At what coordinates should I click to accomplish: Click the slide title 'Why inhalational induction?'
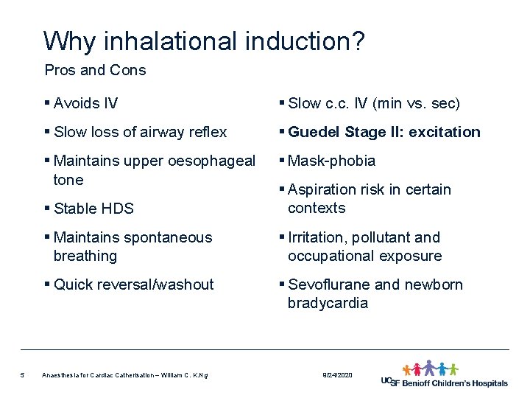click(x=203, y=41)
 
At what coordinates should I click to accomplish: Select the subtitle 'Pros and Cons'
click(x=95, y=71)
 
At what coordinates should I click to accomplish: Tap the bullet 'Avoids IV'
click(x=85, y=103)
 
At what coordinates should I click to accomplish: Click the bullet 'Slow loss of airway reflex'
click(x=140, y=132)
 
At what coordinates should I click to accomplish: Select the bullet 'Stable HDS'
click(x=93, y=209)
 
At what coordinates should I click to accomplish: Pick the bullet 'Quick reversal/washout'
click(x=133, y=284)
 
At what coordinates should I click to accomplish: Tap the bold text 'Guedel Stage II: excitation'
click(x=384, y=132)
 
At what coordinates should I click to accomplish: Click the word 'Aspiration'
click(x=322, y=189)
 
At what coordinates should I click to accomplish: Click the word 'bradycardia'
click(x=328, y=303)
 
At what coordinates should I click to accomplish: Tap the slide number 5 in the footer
click(x=23, y=375)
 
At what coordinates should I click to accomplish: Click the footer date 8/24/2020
click(x=337, y=375)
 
